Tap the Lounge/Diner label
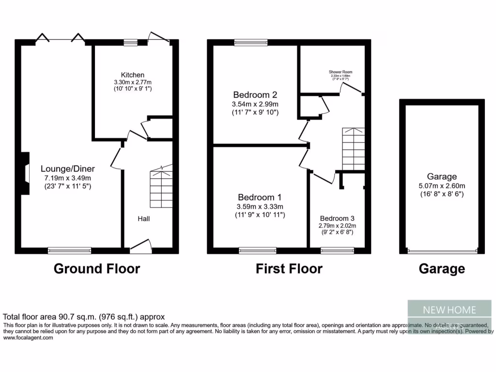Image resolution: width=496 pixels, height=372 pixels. [x=68, y=169]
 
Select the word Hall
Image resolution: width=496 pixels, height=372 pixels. [x=143, y=219]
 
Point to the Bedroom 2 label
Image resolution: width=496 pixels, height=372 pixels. [x=255, y=94]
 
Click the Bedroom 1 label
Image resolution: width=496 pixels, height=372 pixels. [x=260, y=198]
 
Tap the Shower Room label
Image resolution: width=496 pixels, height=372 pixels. [x=340, y=72]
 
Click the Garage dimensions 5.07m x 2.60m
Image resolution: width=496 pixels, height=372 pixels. [x=442, y=186]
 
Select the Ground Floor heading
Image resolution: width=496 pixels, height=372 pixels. [x=96, y=269]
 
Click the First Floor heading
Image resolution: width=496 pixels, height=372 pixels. [x=289, y=269]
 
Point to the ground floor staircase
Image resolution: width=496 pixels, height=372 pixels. [x=160, y=186]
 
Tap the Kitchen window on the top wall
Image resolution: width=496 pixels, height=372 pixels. [x=130, y=43]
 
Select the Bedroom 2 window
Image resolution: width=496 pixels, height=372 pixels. [x=251, y=43]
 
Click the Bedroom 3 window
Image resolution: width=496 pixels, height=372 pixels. [x=337, y=250]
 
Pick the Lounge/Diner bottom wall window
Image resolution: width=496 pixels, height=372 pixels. [x=70, y=250]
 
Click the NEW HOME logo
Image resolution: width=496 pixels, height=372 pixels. [x=449, y=310]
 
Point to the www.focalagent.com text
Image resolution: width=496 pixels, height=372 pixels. [x=28, y=338]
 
